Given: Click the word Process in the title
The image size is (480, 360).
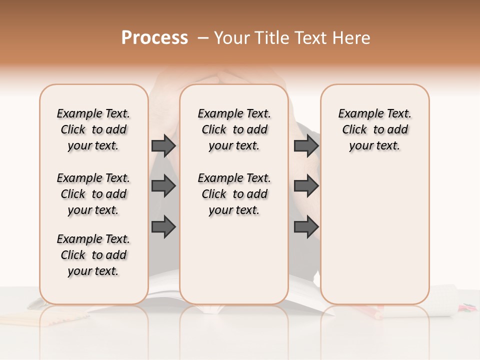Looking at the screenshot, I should [x=154, y=38].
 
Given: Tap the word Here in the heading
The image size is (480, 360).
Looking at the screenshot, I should [x=351, y=38].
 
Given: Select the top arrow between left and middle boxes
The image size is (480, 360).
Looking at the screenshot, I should [x=163, y=145].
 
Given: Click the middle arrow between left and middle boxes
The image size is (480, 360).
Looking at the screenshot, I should [x=163, y=186].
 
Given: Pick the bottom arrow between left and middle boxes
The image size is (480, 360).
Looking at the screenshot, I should [x=163, y=227].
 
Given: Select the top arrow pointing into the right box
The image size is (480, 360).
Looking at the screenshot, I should [x=306, y=145].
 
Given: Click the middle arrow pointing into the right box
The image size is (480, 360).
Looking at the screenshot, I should [x=306, y=186].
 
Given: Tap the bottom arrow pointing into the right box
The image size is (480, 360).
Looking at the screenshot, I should [x=306, y=227].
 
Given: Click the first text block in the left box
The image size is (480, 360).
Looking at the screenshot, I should [x=93, y=129].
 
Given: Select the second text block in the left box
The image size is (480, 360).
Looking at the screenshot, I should [x=93, y=194].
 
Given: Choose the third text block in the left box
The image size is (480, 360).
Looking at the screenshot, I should [x=93, y=255].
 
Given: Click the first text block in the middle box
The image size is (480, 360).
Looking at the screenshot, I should [x=234, y=129].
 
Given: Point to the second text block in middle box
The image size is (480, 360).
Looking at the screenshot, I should [x=234, y=194].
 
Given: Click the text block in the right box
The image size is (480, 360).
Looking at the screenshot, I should [x=374, y=129].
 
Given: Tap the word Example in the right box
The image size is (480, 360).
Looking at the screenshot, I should [x=355, y=113].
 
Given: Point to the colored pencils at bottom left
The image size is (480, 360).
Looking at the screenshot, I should [x=20, y=318].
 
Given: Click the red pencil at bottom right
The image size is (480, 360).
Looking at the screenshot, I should [x=375, y=313].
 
